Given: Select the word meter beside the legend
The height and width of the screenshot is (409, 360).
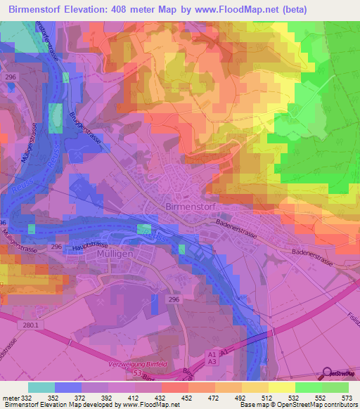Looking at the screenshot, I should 10,397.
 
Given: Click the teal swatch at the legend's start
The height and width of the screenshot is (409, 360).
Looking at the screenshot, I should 41,387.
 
